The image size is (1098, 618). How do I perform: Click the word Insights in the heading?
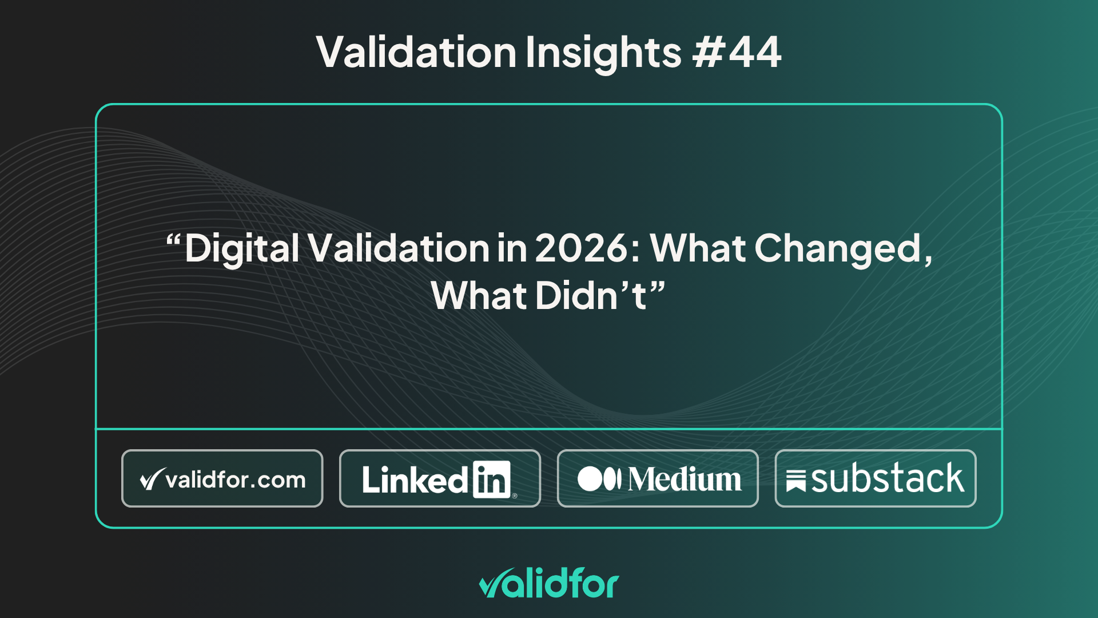click(603, 53)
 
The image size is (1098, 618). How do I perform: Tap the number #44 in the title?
click(737, 52)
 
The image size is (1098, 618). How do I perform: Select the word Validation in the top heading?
click(416, 52)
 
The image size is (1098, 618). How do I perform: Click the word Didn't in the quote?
click(591, 296)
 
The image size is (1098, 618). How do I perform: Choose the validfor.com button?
click(222, 478)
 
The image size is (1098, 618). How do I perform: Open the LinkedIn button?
click(440, 478)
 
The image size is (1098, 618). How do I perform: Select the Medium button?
click(658, 478)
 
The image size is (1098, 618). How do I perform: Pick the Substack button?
click(876, 478)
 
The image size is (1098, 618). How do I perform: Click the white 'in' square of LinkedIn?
click(491, 480)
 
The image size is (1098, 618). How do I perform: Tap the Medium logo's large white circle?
click(589, 479)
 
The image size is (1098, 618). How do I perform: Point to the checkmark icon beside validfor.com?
click(152, 479)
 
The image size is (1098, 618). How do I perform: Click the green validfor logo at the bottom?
click(549, 583)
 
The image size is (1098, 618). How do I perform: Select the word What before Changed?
click(698, 248)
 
